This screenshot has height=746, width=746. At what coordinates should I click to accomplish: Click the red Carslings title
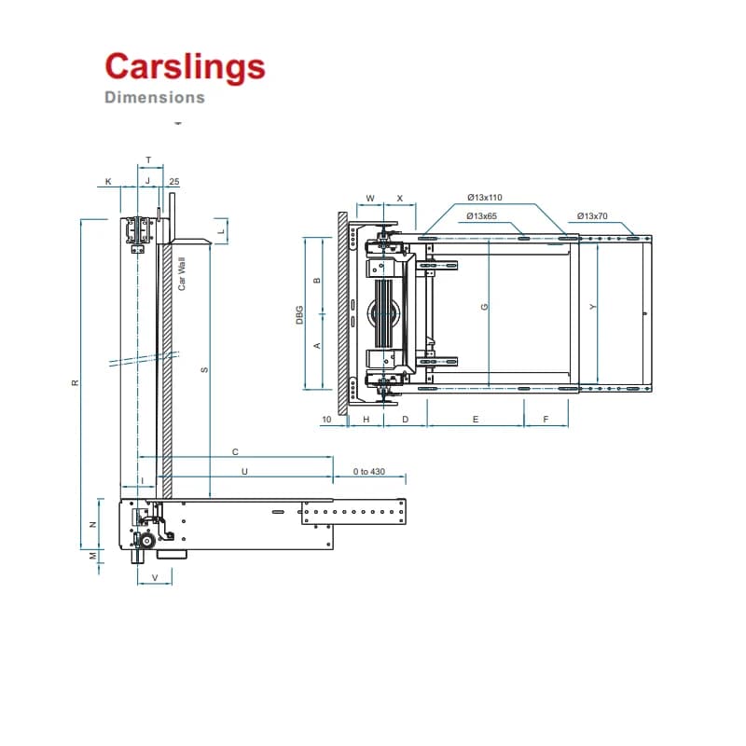point(185,67)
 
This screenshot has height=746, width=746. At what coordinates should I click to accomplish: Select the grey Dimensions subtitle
point(155,97)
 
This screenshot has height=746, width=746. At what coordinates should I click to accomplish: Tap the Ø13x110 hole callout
point(484,198)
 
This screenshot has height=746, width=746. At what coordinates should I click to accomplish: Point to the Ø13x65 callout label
point(481,216)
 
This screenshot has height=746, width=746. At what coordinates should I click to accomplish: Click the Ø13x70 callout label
point(592,216)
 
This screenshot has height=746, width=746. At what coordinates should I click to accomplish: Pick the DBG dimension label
point(299,315)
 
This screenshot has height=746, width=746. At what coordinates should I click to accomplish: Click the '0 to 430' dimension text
point(368,472)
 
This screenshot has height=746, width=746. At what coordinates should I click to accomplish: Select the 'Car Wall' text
point(181,273)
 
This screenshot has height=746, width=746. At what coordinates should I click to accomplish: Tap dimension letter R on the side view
point(75,382)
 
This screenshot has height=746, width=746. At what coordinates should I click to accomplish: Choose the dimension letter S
point(204,370)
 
